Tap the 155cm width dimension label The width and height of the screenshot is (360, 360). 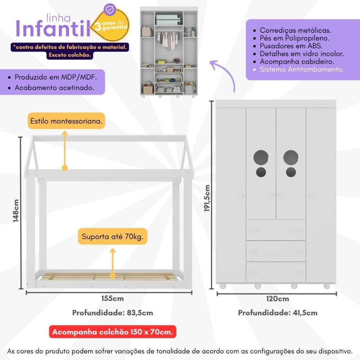112,298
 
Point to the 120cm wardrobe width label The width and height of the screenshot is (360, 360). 278,298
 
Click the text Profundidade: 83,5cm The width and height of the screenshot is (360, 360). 113,312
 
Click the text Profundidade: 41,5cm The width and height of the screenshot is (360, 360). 278,312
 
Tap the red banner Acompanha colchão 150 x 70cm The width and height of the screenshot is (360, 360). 112,332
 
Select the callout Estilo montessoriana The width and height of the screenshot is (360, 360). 66,122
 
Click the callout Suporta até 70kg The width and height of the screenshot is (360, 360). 113,237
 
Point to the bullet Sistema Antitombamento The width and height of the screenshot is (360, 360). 302,69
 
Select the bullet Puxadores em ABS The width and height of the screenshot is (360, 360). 291,46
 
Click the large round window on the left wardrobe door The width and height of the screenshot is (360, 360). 261,157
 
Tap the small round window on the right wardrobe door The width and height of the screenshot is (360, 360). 291,172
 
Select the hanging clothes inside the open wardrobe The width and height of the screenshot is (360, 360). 169,39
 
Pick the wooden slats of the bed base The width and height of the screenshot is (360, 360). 108,276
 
